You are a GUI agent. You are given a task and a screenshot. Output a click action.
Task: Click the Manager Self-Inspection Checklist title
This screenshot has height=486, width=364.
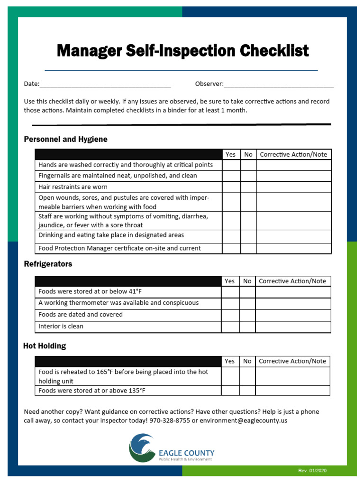coord(182,51)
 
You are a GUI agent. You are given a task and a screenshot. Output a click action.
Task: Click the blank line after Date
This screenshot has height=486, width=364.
coord(105,84)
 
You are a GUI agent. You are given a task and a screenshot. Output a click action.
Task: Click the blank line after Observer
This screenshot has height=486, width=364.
coord(279,84)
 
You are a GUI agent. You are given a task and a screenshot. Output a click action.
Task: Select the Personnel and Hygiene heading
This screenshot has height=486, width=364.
coord(65,139)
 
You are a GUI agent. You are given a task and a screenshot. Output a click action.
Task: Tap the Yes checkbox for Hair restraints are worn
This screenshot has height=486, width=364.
coord(231,187)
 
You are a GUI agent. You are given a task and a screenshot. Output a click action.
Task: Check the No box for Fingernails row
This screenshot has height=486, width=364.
coord(248,176)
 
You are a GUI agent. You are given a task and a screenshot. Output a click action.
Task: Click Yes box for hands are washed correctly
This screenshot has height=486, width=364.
coord(231,165)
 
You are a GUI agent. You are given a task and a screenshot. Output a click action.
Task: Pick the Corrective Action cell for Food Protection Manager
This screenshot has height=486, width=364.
coord(294,248)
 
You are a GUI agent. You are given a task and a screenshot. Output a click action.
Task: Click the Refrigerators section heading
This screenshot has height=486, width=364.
coord(48,264)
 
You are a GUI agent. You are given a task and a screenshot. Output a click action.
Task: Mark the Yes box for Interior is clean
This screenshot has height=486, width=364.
coord(230,327)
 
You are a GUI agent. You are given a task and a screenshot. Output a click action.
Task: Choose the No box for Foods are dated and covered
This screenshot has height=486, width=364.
coord(247,315)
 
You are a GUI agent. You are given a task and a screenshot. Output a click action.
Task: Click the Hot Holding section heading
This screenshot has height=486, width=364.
coord(45,346)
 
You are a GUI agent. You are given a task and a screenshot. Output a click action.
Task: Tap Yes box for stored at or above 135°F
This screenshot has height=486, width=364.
coord(230,391)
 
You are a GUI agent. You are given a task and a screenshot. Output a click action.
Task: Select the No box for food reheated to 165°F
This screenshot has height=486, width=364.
coord(247,376)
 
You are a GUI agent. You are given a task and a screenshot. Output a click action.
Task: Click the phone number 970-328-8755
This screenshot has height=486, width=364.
coord(170,421)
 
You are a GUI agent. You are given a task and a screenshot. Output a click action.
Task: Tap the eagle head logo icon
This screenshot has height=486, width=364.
coord(142,448)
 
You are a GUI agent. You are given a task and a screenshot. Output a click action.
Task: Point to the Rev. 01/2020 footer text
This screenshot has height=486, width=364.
coord(312,471)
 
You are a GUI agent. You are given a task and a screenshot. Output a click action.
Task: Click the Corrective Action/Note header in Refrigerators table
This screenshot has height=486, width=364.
coord(292,281)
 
